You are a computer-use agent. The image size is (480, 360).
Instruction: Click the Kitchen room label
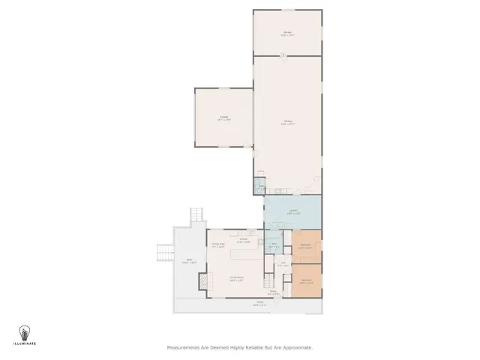tap(243, 241)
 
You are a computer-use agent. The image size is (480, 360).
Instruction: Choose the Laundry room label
tap(294, 211)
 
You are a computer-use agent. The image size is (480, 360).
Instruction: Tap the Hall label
tap(283, 264)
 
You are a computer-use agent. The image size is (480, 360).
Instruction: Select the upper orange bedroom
tap(306, 247)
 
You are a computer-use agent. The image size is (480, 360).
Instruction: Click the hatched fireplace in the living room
tap(202, 281)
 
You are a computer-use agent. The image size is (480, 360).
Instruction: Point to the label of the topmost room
tap(287, 33)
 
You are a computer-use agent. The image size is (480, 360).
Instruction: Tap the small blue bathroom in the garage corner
tap(259, 184)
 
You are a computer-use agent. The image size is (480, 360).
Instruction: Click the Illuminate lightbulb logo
tap(25, 332)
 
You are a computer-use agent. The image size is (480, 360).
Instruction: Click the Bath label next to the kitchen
tap(274, 244)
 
